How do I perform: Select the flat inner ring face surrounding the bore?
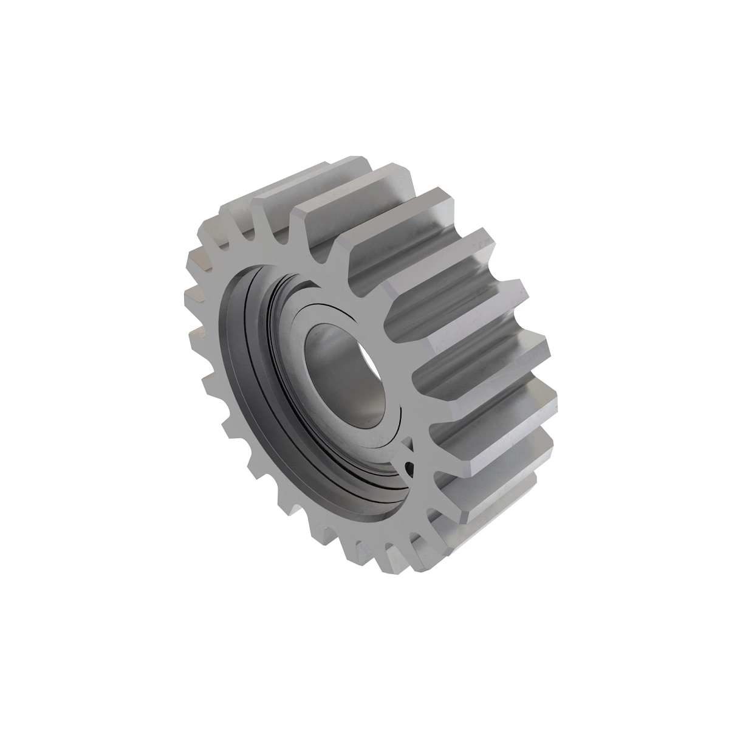pyautogui.click(x=316, y=328)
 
